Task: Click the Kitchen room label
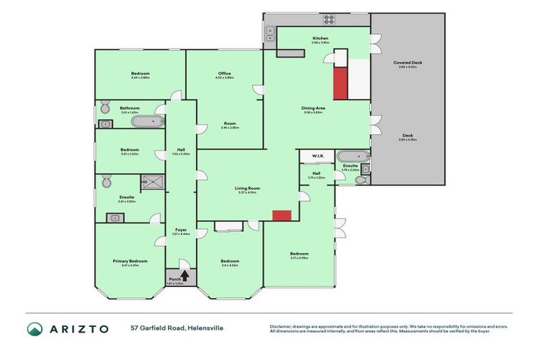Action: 320,38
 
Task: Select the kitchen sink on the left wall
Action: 270,32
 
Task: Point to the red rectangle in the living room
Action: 282,215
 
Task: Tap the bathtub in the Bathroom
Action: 147,121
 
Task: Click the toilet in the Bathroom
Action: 104,108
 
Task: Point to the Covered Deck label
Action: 407,63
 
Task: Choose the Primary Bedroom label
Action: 130,261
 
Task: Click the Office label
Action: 224,73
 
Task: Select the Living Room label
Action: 247,188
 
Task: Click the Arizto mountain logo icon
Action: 35,329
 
